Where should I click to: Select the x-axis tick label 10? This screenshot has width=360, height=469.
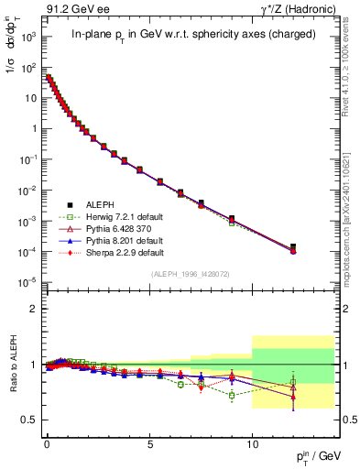(x=252, y=441)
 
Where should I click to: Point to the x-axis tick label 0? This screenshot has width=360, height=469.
(x=47, y=441)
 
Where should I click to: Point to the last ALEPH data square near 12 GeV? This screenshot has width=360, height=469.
(x=293, y=247)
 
